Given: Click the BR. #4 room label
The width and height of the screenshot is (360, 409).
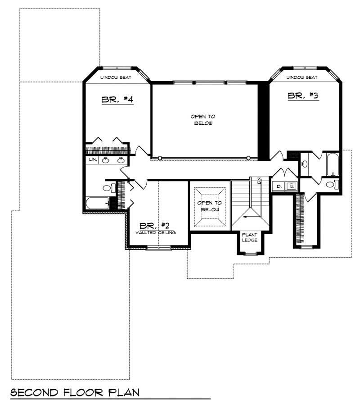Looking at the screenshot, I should [117, 100].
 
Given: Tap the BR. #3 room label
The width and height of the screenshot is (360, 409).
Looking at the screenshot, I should [303, 95].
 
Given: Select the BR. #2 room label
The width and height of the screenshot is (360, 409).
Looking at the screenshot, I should [154, 226].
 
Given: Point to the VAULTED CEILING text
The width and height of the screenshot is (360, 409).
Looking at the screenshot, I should [156, 232].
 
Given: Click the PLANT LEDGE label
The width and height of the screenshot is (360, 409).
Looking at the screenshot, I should [250, 237].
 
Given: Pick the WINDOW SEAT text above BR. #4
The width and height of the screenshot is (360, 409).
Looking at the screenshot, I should [116, 78].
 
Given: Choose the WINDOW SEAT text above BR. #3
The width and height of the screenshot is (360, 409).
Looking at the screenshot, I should [301, 77].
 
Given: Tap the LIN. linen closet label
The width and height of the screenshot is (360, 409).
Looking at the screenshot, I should [93, 160].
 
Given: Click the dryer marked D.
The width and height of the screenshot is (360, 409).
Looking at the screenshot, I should [279, 186].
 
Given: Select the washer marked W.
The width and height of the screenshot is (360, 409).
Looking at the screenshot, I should [291, 186].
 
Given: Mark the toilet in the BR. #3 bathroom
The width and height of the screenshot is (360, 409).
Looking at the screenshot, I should [331, 184].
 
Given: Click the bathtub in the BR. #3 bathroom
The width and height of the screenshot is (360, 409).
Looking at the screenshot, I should [332, 165].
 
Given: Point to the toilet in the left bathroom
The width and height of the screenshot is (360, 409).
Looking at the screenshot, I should [107, 187].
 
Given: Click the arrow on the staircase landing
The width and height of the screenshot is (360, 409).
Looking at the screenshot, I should [247, 217].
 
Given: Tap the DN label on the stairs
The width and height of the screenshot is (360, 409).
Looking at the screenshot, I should [259, 182].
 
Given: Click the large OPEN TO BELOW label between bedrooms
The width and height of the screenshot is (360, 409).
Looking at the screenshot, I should [202, 119].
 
